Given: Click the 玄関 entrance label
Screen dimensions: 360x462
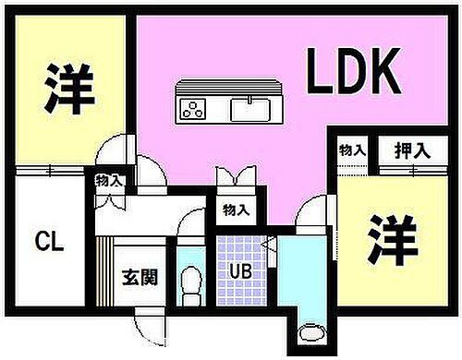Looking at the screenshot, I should click(x=139, y=275).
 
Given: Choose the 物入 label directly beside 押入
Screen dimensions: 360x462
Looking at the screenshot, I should click(x=352, y=150).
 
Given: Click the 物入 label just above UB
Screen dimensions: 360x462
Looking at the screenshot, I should click(x=236, y=210).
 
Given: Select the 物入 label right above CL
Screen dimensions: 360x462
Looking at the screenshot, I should click(x=109, y=181).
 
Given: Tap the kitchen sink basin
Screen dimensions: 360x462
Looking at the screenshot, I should click(x=249, y=110).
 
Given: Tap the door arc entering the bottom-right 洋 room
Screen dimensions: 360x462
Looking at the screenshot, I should click(x=311, y=213).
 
